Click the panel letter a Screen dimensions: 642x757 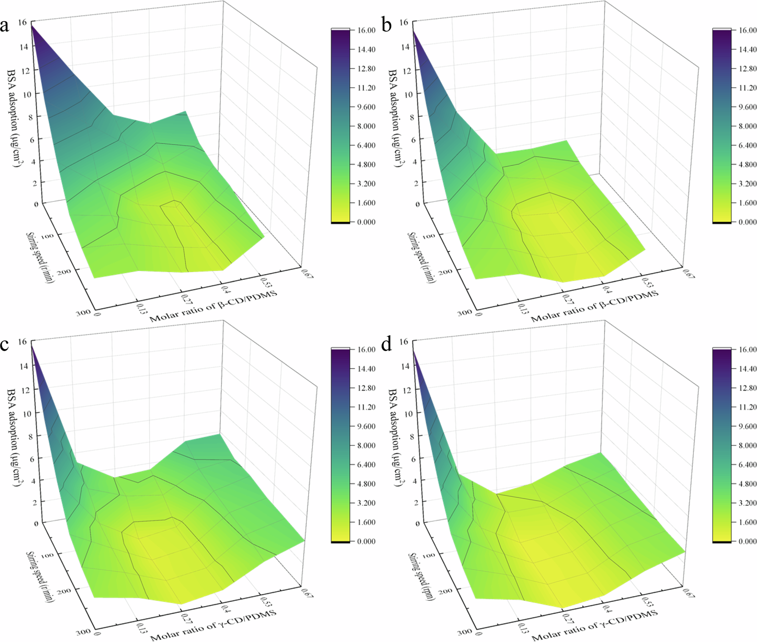point(5,26)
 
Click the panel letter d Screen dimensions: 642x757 point(386,345)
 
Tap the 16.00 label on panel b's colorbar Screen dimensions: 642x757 point(747,30)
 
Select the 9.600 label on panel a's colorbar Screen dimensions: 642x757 point(366,107)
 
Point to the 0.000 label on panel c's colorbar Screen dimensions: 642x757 point(366,541)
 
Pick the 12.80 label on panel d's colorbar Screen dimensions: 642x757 point(747,388)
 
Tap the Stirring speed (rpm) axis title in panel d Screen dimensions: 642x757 point(421,577)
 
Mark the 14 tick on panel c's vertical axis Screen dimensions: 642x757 point(24,366)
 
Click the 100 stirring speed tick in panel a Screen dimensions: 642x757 point(48,236)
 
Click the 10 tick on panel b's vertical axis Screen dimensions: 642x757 point(408,95)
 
